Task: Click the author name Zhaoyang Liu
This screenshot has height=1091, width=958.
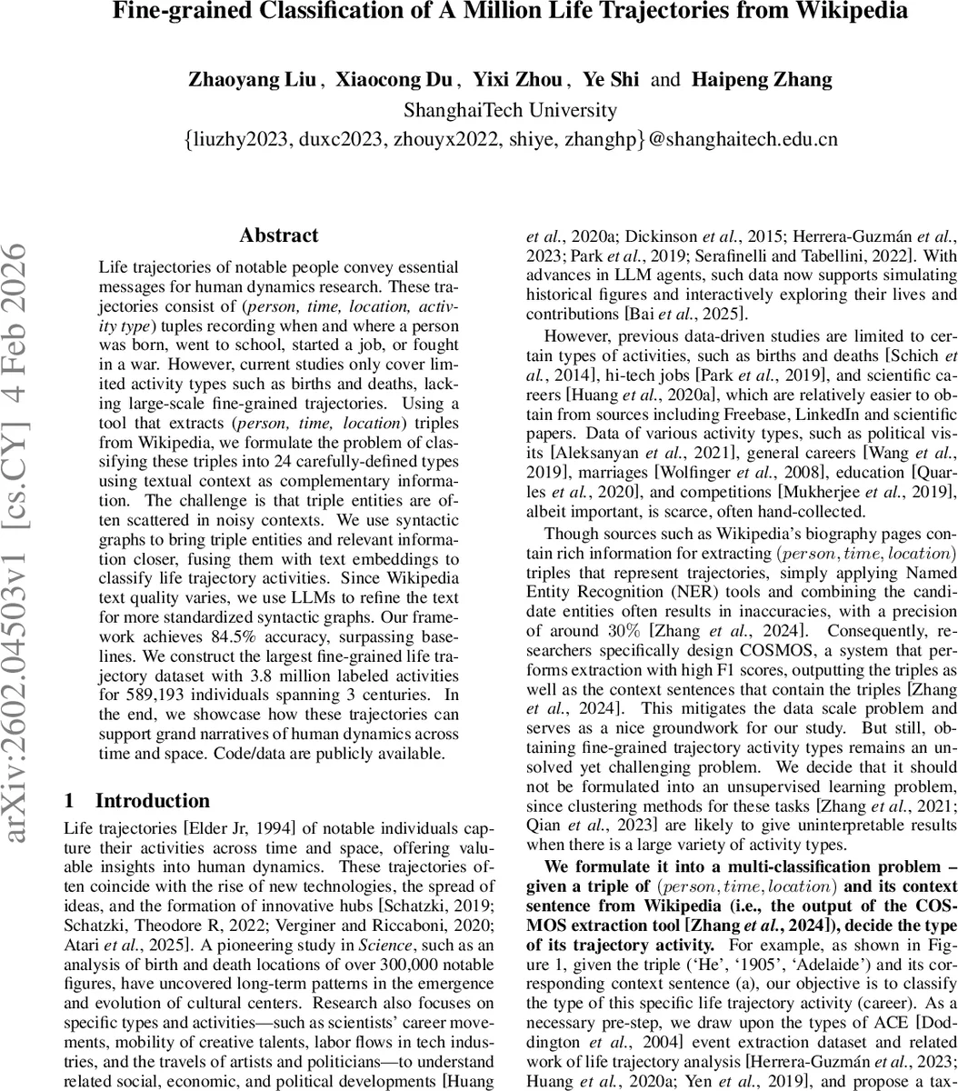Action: click(252, 79)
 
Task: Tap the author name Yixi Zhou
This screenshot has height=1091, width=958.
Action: click(524, 79)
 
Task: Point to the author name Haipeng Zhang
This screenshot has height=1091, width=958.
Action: click(762, 79)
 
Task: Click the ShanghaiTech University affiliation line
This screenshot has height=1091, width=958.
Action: click(510, 110)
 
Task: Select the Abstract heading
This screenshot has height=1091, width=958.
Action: click(279, 235)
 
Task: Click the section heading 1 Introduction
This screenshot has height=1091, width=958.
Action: click(137, 775)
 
